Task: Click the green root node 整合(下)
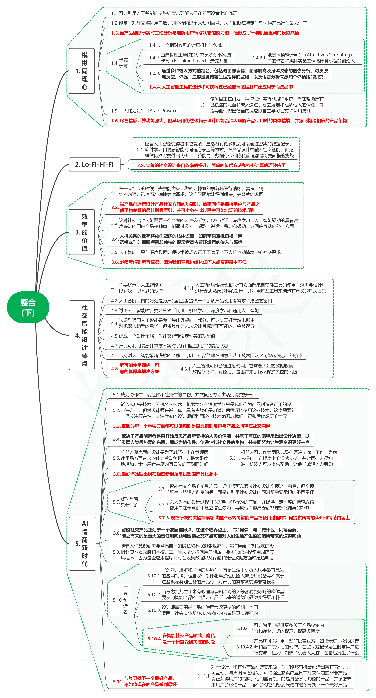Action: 28,307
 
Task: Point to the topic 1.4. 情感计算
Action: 120,63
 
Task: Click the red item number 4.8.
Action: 115,369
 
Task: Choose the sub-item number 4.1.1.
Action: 188,288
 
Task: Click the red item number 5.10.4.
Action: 154,639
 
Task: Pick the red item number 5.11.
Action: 118,681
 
